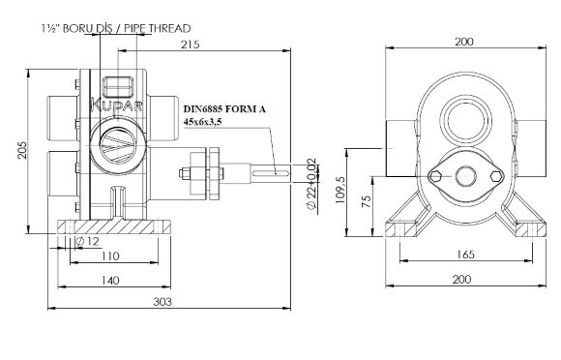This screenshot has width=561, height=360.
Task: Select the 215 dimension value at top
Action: coord(189,45)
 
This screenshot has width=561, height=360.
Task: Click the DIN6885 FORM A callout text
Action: coord(223,110)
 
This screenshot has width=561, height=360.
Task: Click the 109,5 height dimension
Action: coord(340,187)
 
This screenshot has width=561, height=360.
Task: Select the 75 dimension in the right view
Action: coord(365,201)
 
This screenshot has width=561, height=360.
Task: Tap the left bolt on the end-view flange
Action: coord(435,175)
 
